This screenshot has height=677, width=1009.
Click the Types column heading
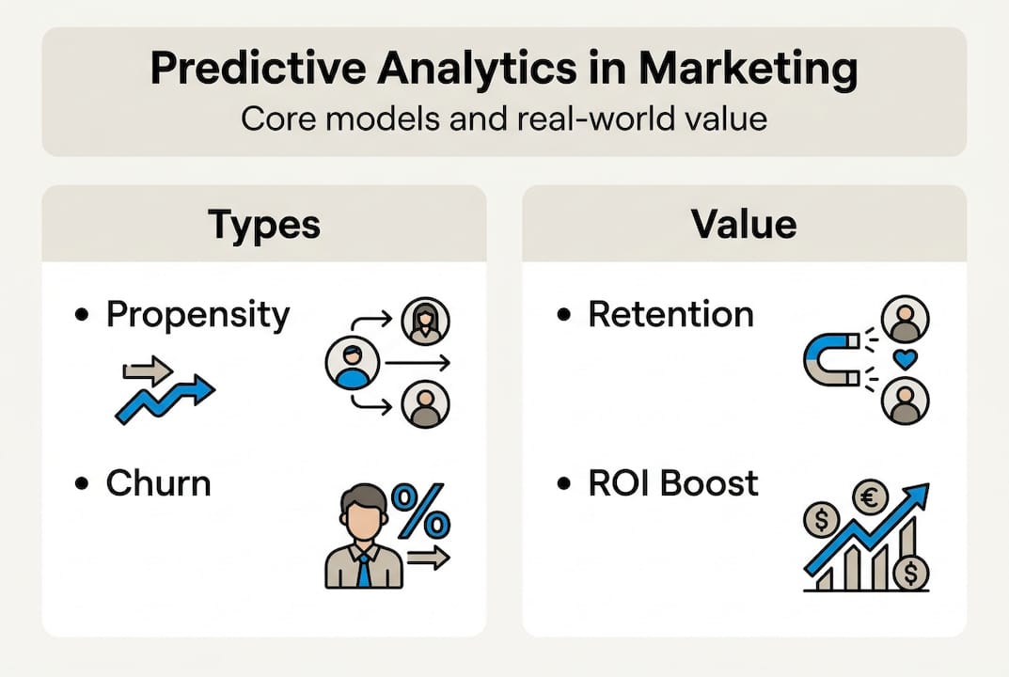263,224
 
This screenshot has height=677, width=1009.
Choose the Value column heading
743,224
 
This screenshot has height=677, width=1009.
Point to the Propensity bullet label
197,314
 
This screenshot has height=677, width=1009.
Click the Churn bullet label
158,483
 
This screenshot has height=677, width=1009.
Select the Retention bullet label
670,314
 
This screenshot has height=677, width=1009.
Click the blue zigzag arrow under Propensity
165,398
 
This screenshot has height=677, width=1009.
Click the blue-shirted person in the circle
352,364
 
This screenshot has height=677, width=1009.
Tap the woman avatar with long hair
425,322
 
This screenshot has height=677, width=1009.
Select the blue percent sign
420,512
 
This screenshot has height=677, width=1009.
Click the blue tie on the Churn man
364,570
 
